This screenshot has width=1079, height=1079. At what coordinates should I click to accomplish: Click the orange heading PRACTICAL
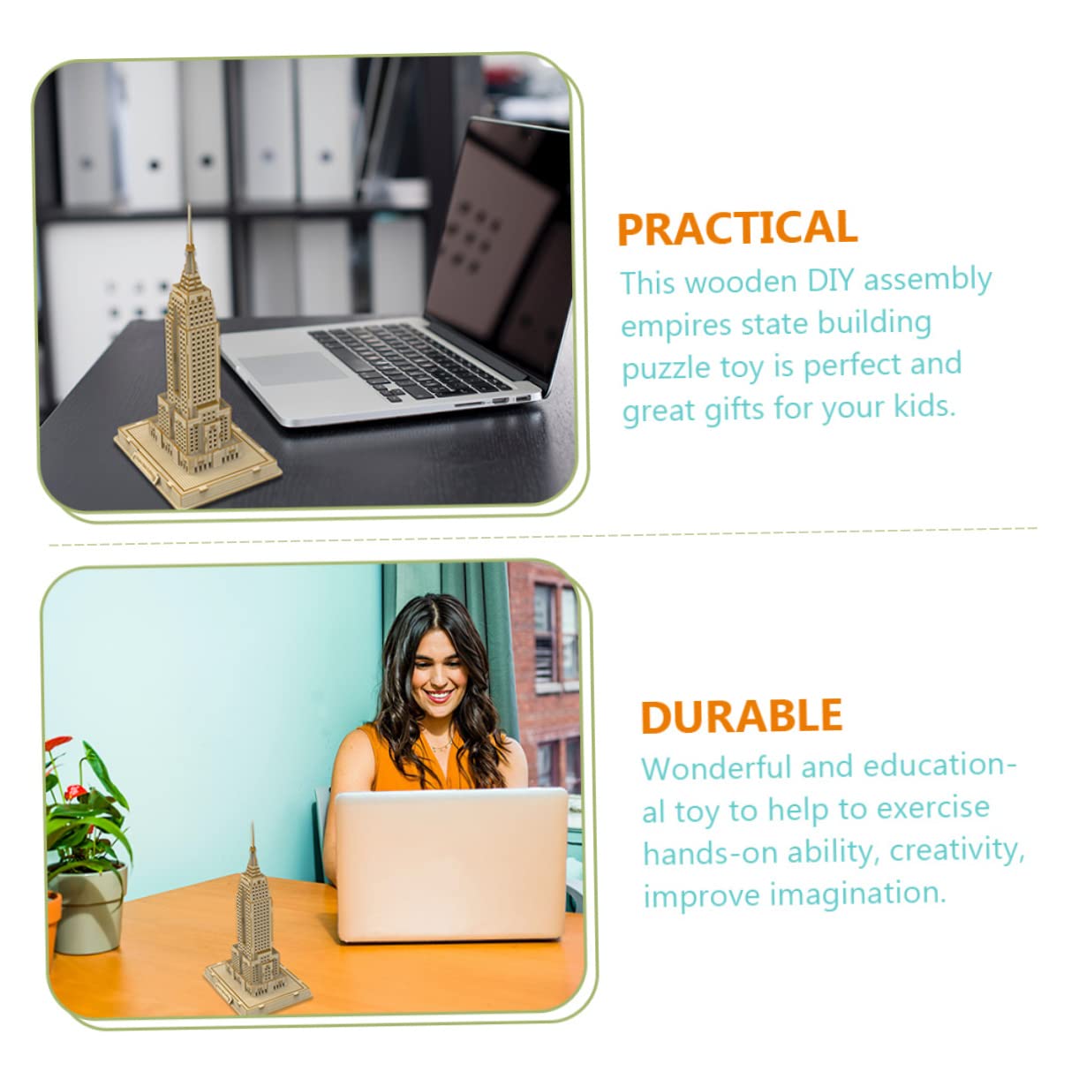click(x=737, y=228)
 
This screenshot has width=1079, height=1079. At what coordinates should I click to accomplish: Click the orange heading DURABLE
click(x=742, y=716)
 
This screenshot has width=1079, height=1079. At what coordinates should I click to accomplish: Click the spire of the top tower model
click(x=189, y=230)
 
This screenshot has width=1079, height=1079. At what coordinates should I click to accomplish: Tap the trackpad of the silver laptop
click(x=291, y=367)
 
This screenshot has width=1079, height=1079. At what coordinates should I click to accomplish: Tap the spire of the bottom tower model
click(x=253, y=842)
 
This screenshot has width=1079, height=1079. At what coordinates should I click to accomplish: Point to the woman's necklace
click(x=441, y=744)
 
